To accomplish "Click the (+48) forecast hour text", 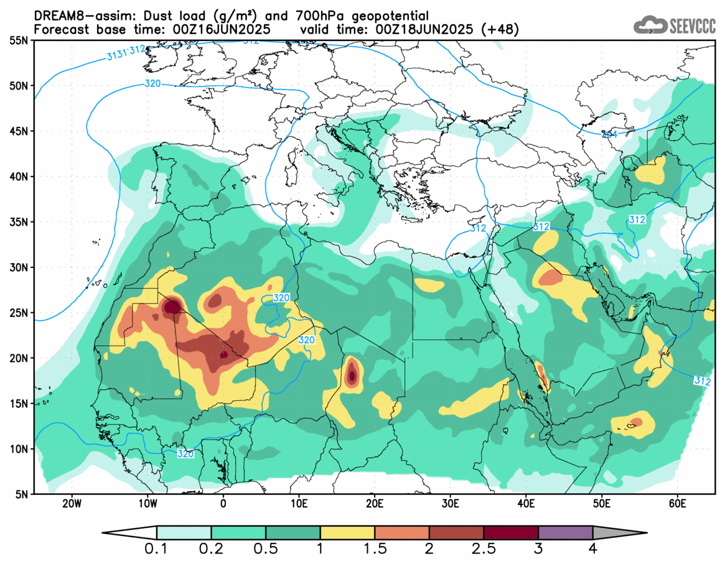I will pyautogui.click(x=501, y=29).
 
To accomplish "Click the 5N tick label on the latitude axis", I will pyautogui.click(x=21, y=494).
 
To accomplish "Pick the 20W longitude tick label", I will pyautogui.click(x=72, y=502).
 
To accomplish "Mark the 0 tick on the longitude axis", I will pyautogui.click(x=223, y=502).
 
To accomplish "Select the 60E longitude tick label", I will pyautogui.click(x=677, y=502).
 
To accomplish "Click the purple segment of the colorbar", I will pyautogui.click(x=565, y=533).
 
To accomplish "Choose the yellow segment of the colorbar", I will pyautogui.click(x=347, y=533).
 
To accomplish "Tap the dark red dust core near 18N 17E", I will pyautogui.click(x=352, y=375).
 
